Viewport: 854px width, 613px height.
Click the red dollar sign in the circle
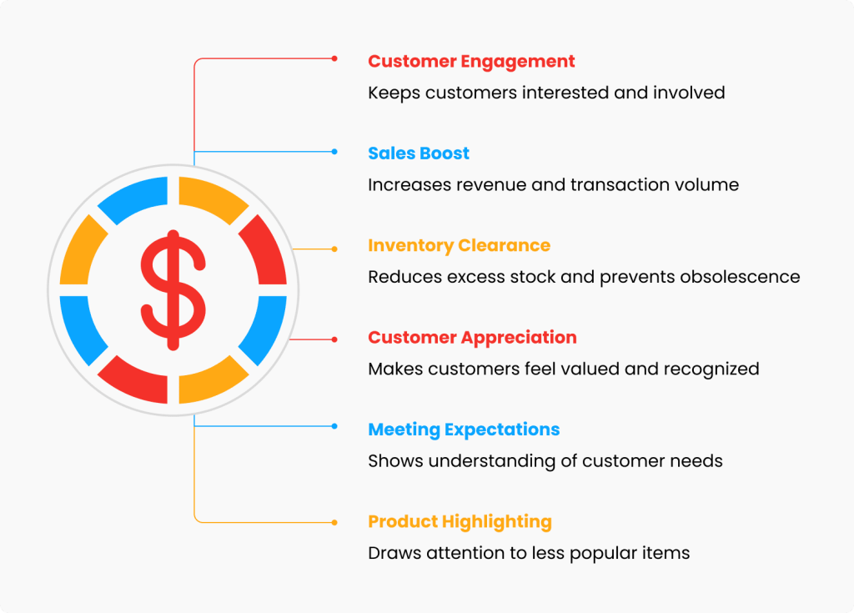173,290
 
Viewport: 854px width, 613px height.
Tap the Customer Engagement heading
471,62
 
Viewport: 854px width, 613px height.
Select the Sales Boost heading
419,153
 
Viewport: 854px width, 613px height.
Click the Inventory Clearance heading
460,246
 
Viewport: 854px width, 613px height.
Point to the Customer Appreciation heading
472,338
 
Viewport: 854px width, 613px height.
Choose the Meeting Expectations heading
464,430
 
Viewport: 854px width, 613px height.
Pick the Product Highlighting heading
460,522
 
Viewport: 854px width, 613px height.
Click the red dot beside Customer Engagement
334,58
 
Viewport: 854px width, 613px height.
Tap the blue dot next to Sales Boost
334,152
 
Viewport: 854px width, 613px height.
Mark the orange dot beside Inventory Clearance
334,249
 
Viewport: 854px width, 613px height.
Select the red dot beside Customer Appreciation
334,339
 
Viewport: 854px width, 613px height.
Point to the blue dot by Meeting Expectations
334,426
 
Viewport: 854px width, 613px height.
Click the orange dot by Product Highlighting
334,523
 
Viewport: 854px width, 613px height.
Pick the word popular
593,554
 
